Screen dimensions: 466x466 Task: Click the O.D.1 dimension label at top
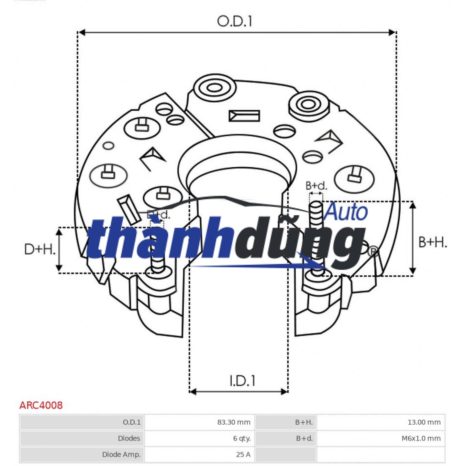[234, 21]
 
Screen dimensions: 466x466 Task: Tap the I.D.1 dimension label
[242, 381]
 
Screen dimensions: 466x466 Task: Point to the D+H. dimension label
[40, 249]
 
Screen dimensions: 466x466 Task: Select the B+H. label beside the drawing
[433, 242]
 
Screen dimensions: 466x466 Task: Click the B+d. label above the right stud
[316, 186]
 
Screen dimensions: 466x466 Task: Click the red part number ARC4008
[41, 405]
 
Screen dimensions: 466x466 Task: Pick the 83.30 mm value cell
[234, 422]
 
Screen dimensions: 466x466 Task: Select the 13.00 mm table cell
[424, 422]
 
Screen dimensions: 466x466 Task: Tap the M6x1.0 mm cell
[421, 438]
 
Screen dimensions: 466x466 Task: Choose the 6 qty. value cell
[242, 438]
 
